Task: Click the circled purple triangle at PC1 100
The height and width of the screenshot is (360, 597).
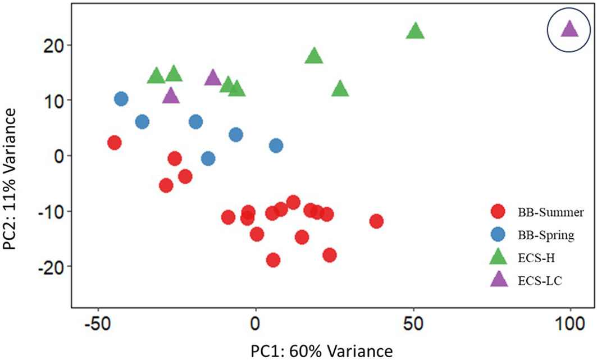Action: [x=569, y=30]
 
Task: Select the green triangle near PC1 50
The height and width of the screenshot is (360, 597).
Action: [x=414, y=32]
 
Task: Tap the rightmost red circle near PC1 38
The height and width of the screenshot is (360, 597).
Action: [x=376, y=221]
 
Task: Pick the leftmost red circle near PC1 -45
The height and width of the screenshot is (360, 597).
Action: [x=115, y=143]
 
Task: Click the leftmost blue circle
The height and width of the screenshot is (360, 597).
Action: [x=121, y=99]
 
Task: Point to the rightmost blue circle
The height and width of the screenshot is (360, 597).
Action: [x=276, y=145]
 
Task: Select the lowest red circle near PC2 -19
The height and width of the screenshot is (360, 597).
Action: [x=274, y=260]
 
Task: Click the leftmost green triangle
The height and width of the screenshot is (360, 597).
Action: [x=156, y=76]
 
